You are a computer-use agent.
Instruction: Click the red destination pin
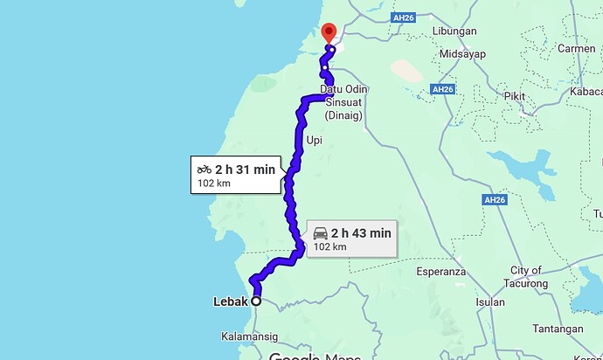click(329, 31)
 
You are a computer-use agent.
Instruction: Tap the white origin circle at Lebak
click(256, 301)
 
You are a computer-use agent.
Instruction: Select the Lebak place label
click(231, 302)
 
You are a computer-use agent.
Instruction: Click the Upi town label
click(315, 139)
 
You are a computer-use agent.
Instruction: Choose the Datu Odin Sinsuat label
click(343, 102)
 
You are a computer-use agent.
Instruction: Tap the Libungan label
click(454, 31)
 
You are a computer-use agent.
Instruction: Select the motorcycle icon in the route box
click(204, 169)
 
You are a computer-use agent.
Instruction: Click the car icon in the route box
click(320, 233)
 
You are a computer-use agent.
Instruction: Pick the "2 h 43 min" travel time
click(361, 233)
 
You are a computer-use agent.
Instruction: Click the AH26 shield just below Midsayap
click(443, 88)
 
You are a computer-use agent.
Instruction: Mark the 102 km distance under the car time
click(329, 247)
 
